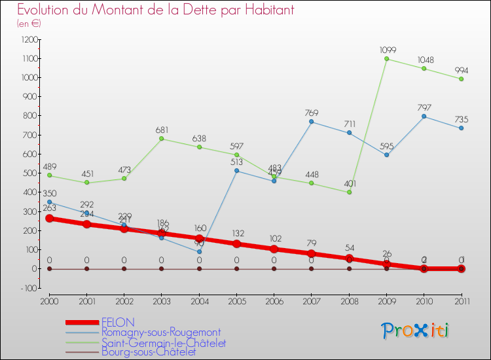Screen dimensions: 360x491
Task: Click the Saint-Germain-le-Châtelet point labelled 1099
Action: click(x=386, y=59)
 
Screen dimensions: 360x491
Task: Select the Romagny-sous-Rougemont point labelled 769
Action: click(x=312, y=122)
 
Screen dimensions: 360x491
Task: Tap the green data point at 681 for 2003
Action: click(x=162, y=139)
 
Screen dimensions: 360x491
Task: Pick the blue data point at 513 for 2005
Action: click(x=237, y=171)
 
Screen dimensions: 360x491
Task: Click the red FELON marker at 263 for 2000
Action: click(x=50, y=219)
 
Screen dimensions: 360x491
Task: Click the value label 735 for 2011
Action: click(x=461, y=119)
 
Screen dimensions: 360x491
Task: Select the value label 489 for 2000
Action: click(x=50, y=167)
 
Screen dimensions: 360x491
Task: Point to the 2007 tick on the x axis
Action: click(x=312, y=300)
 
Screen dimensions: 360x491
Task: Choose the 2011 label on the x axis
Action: click(x=461, y=300)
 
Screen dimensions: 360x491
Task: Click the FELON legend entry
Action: click(x=118, y=323)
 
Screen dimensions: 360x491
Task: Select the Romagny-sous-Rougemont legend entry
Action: click(x=160, y=333)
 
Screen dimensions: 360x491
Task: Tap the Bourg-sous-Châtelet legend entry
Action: click(x=149, y=352)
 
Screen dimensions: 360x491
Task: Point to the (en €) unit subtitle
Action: click(x=29, y=24)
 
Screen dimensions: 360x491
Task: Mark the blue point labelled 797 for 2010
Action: click(x=424, y=117)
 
